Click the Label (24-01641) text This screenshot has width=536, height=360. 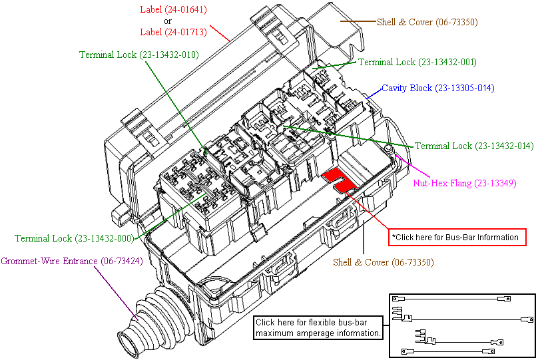pyautogui.click(x=172, y=10)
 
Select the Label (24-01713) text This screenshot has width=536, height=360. pyautogui.click(x=172, y=31)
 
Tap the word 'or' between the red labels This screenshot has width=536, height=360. pyautogui.click(x=168, y=21)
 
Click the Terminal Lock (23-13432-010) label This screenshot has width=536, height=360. pyautogui.click(x=138, y=55)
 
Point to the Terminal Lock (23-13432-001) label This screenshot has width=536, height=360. pyautogui.click(x=417, y=62)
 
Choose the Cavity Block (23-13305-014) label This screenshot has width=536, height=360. pyautogui.click(x=437, y=88)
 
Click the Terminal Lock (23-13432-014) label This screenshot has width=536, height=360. pyautogui.click(x=474, y=146)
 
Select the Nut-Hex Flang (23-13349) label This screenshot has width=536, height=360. pyautogui.click(x=464, y=183)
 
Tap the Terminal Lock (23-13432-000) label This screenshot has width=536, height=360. pyautogui.click(x=73, y=238)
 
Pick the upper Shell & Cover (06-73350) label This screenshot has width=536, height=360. pyautogui.click(x=427, y=22)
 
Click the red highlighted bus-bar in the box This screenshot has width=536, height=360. pyautogui.click(x=340, y=180)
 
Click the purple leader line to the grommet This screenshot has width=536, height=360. pyautogui.click(x=120, y=293)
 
